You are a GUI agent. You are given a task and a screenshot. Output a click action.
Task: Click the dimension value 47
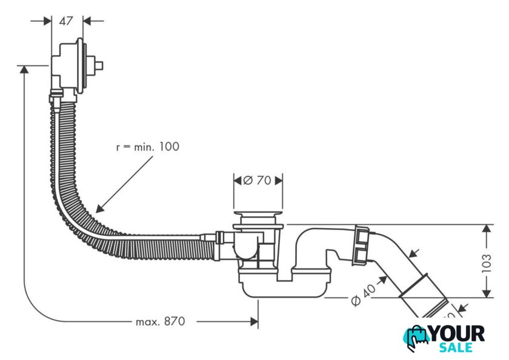(67, 21)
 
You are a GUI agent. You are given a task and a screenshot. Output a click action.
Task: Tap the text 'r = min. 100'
(148, 147)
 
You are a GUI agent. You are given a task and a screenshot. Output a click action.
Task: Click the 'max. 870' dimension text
(160, 321)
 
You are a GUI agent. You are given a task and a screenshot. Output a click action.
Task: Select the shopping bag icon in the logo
(418, 338)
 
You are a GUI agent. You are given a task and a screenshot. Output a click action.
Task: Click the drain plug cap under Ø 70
(258, 216)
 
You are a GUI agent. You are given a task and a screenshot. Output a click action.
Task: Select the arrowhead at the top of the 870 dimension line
(24, 70)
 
